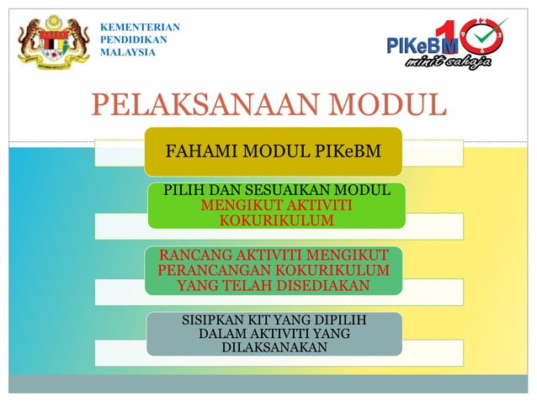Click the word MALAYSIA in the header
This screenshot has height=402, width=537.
(128, 52)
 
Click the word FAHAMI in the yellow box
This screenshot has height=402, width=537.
(198, 153)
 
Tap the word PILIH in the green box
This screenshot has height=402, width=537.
(183, 191)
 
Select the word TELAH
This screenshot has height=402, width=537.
(251, 286)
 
